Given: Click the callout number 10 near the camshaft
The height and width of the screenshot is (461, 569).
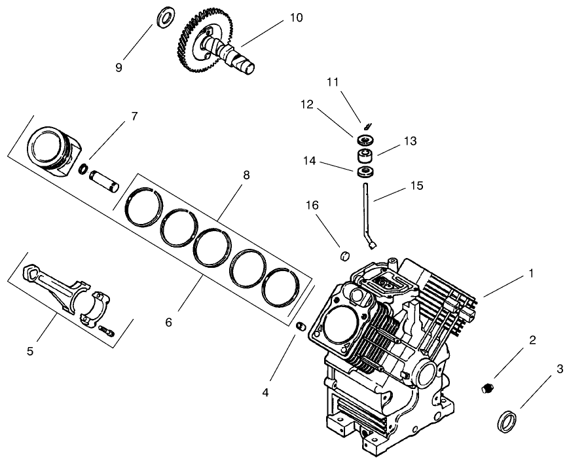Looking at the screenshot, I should point(296,18).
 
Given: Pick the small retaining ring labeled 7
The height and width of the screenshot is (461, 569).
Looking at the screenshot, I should point(84,170).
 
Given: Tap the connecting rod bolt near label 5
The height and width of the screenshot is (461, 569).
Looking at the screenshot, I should point(107,333).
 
